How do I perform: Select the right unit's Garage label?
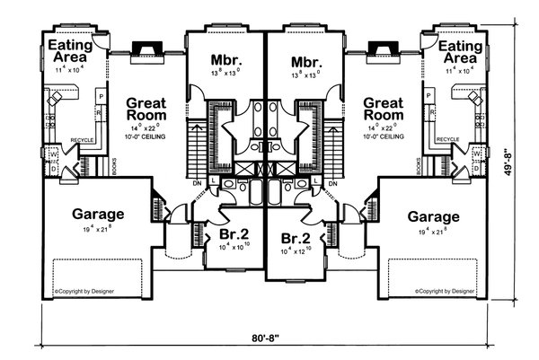(x=433, y=216)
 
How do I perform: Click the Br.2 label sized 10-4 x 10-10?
(x=233, y=236)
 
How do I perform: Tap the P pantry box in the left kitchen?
(x=102, y=95)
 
